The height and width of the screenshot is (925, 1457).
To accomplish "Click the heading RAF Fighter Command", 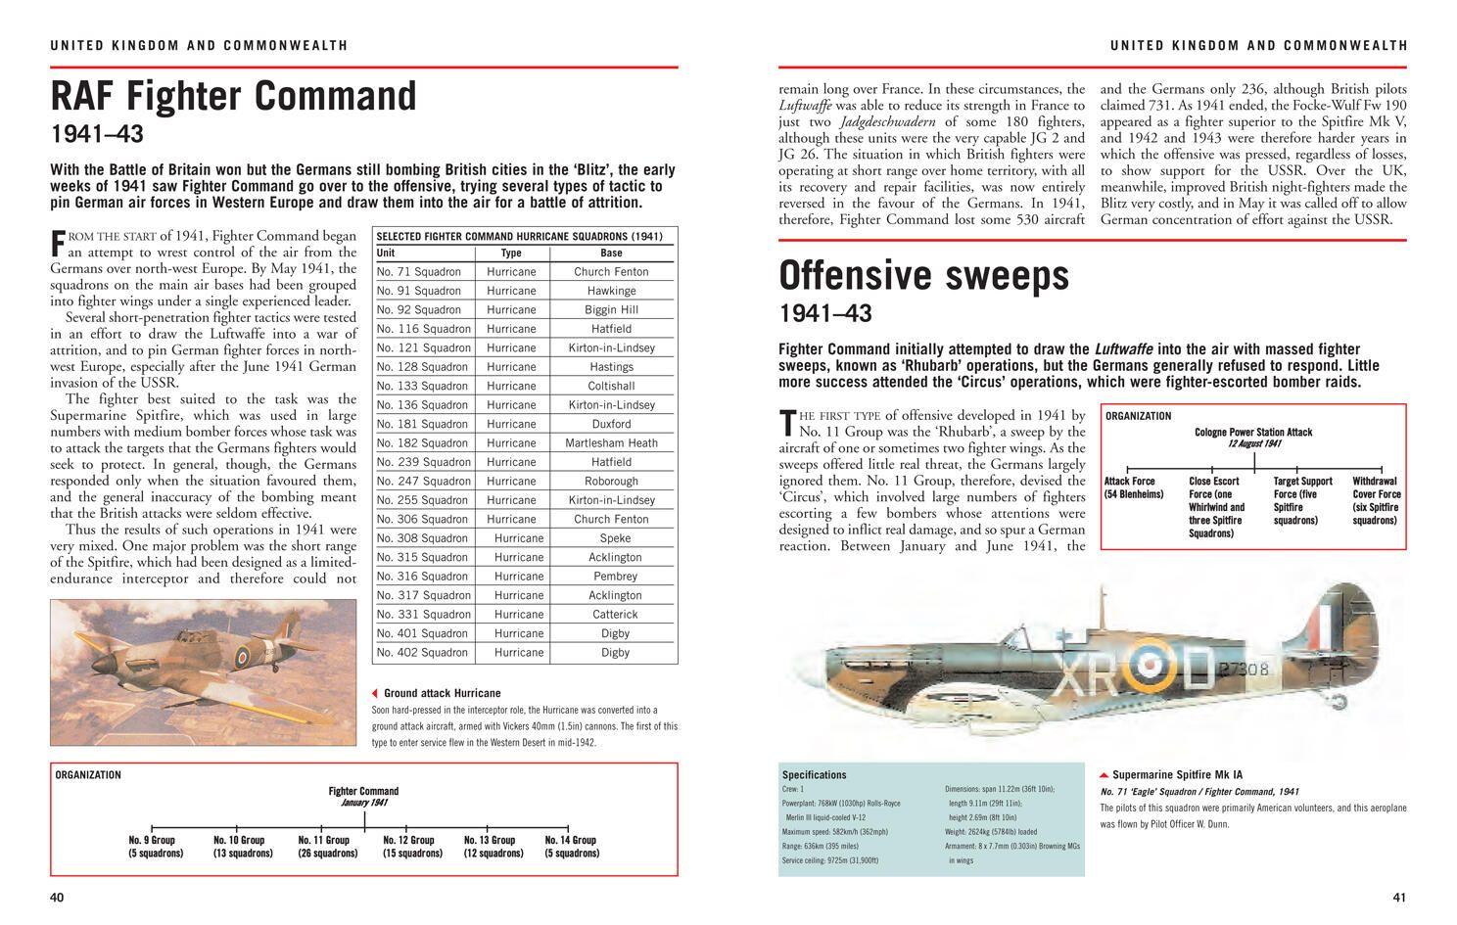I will click(x=234, y=97).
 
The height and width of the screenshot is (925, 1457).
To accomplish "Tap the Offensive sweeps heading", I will click(x=923, y=277).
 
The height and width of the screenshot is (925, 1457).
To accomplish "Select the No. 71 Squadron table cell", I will click(x=418, y=272).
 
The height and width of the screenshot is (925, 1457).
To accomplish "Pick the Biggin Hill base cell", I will click(x=611, y=310).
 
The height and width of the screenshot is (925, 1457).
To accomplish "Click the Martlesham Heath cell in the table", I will click(x=611, y=443).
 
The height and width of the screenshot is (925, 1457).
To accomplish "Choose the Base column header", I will click(x=611, y=253).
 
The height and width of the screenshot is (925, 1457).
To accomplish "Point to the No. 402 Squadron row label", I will click(x=423, y=653).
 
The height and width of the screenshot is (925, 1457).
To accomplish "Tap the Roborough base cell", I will click(x=611, y=482).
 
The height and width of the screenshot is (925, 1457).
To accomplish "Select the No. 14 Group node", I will click(x=571, y=847).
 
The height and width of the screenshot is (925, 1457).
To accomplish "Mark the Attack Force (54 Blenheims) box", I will click(x=1133, y=487).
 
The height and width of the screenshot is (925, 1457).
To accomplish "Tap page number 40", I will click(x=57, y=898).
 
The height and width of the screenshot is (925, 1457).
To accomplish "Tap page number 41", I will click(x=1399, y=898).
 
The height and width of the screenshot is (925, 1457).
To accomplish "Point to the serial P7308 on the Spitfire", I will click(x=1244, y=670).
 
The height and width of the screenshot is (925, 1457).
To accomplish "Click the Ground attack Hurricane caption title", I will click(x=442, y=693).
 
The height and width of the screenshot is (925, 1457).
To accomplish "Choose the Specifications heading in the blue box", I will click(x=815, y=774).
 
